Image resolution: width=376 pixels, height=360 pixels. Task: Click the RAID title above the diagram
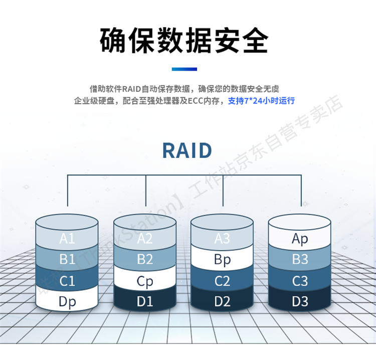(x=187, y=150)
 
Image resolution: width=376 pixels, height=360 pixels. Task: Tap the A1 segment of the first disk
(x=67, y=239)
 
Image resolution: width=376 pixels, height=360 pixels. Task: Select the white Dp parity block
(x=67, y=302)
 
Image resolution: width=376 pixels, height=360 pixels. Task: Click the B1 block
(x=67, y=260)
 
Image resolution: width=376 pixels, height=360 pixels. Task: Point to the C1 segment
(x=67, y=281)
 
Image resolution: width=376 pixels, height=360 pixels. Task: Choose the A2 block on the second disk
(x=144, y=239)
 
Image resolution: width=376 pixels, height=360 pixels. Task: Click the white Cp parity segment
(x=144, y=281)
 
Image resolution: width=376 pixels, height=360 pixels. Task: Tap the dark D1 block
(x=144, y=302)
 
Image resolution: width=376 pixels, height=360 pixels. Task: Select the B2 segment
(x=144, y=260)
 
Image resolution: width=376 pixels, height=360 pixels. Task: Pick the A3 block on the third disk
(x=222, y=239)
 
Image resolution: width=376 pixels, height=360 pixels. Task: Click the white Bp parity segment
(x=222, y=260)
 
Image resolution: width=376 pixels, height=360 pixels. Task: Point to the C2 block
(x=222, y=281)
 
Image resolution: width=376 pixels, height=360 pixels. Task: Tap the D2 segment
(x=222, y=302)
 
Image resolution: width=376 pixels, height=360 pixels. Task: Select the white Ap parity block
(x=300, y=239)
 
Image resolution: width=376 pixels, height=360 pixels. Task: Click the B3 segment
(x=300, y=260)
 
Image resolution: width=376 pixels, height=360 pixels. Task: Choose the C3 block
(x=300, y=281)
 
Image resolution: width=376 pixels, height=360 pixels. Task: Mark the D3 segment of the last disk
(x=300, y=302)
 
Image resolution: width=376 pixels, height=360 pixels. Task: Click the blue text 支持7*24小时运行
(x=261, y=101)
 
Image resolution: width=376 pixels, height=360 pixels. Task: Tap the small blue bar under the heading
(x=184, y=69)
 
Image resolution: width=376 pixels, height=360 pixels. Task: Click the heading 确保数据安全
(x=184, y=40)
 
